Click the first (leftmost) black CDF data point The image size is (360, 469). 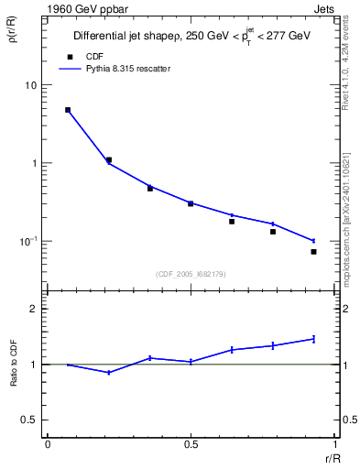pyautogui.click(x=68, y=110)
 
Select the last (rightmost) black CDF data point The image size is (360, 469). pyautogui.click(x=313, y=252)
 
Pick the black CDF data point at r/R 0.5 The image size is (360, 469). pyautogui.click(x=191, y=203)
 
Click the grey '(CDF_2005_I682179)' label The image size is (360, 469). pyautogui.click(x=191, y=273)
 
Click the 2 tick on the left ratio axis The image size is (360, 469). pyautogui.click(x=34, y=309)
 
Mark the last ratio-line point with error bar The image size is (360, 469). pyautogui.click(x=313, y=339)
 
